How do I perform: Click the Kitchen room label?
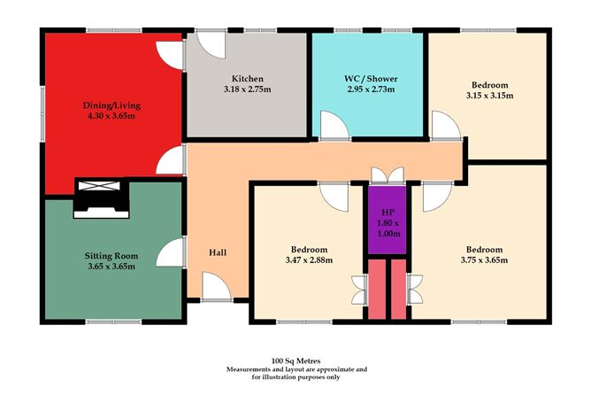pos(247,78)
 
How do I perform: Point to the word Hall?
pos(218,253)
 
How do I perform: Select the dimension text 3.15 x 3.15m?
pos(487,96)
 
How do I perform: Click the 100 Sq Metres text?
pos(295,360)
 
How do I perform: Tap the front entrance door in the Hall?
pos(215,286)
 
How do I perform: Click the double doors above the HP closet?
pos(387,174)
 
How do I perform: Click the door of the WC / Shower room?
pos(334,127)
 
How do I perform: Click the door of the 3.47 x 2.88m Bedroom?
pos(334,195)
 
